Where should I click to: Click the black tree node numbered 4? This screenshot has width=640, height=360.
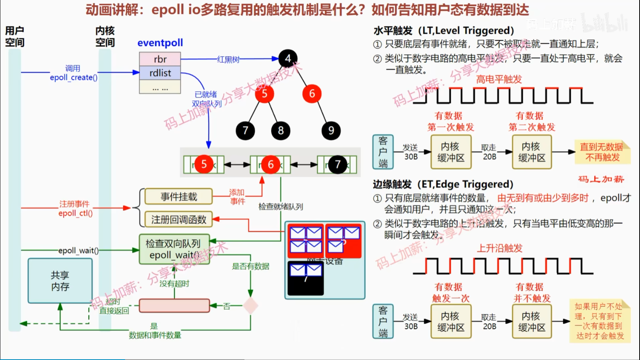click(x=288, y=59)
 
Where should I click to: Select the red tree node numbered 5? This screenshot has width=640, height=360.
click(x=264, y=94)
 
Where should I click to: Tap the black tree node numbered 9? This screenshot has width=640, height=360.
click(x=331, y=131)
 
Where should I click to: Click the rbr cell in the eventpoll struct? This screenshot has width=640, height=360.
click(x=160, y=59)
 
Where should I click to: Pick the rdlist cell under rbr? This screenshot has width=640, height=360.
click(x=160, y=73)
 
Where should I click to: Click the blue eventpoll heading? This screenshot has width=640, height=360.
click(x=160, y=43)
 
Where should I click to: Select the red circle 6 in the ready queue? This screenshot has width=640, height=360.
click(x=271, y=164)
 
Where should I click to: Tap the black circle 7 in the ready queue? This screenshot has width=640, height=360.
click(x=337, y=164)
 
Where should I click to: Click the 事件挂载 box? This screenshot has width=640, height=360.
click(x=179, y=196)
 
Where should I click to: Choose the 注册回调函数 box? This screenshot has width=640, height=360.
click(x=179, y=219)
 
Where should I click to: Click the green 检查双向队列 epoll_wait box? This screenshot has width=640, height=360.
click(x=174, y=249)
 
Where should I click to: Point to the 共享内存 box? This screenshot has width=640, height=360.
click(x=60, y=281)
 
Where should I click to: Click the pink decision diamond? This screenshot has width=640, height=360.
click(x=250, y=306)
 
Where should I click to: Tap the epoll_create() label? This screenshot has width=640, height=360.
click(x=74, y=77)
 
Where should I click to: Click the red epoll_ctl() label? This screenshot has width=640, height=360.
click(x=75, y=213)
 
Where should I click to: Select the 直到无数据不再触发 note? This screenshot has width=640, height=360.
click(x=602, y=152)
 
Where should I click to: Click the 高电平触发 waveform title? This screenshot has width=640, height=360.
click(x=499, y=79)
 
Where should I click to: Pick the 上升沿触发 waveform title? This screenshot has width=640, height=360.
click(x=499, y=248)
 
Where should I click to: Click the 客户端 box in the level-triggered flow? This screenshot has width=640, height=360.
click(x=383, y=152)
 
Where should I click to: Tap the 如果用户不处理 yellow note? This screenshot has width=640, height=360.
click(x=600, y=321)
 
